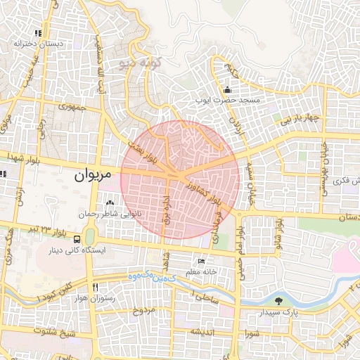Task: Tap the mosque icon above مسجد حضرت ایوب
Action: pos(227,90)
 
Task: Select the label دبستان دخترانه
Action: pos(39,44)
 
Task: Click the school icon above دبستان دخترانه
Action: pos(39,33)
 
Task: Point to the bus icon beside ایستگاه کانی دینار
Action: pos(77,240)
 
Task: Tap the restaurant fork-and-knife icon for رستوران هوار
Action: pos(94,287)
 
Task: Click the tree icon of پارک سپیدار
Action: pos(279,300)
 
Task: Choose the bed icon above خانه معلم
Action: pos(202,262)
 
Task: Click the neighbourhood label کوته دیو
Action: pos(141,64)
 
